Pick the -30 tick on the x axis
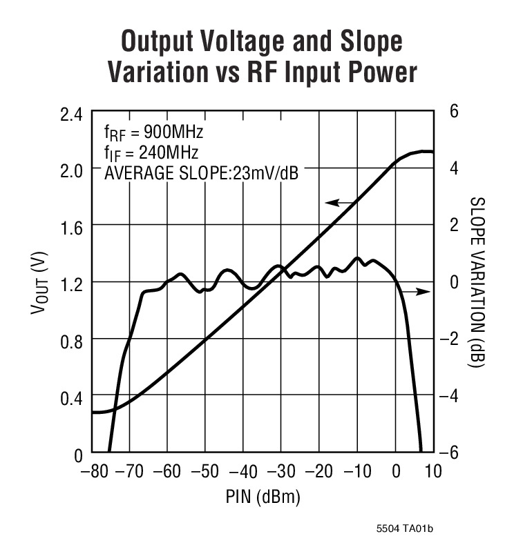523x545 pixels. coord(280,473)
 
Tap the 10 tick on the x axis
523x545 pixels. coord(434,473)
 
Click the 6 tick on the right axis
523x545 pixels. coord(454,112)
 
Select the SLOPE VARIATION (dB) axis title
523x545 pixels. coord(477,282)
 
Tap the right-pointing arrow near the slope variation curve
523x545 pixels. coord(417,293)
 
